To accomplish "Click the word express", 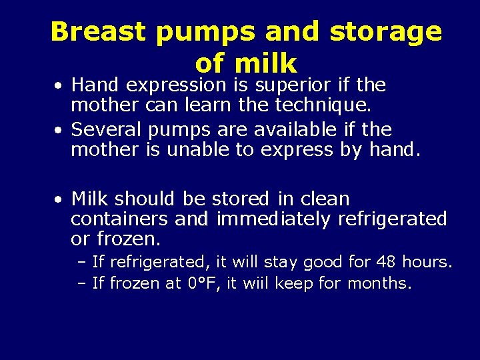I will point(297,150).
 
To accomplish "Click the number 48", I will point(388,262).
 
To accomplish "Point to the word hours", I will point(428,262).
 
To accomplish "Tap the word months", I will point(379,283).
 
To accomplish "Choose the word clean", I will point(325,199).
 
